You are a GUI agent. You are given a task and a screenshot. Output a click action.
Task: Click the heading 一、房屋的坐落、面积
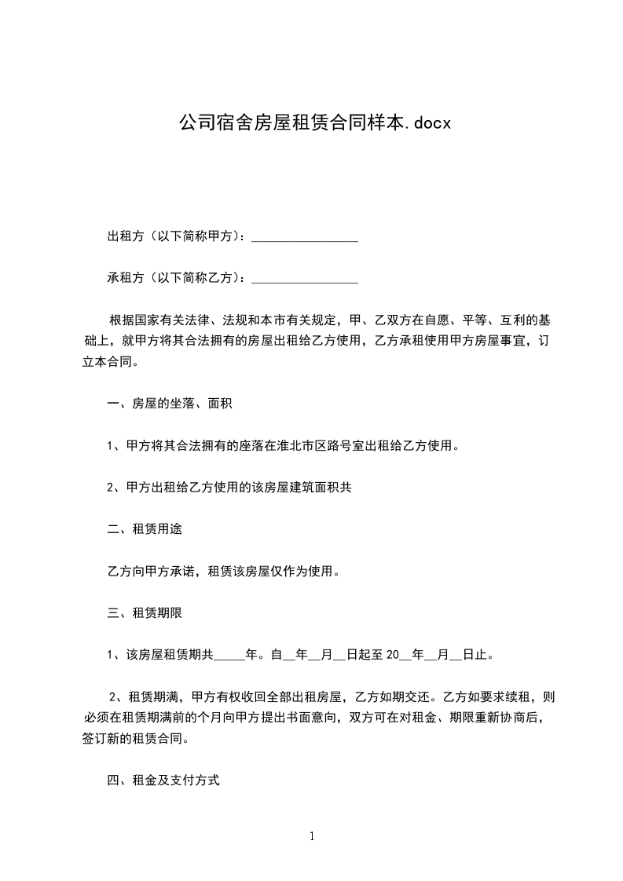pos(169,404)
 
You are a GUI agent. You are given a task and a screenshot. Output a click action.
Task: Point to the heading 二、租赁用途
pos(145,529)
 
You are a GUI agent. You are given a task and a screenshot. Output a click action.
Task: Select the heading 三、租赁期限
pos(145,612)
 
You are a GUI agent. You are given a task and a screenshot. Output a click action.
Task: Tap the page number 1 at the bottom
pos(312,836)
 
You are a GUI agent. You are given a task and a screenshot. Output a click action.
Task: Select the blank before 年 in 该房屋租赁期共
pos(230,654)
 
